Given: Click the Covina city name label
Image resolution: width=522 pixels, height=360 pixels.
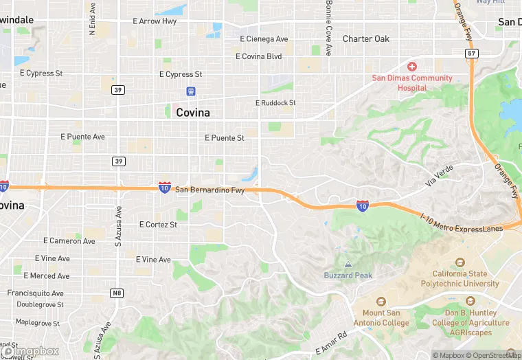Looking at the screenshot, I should [x=193, y=112].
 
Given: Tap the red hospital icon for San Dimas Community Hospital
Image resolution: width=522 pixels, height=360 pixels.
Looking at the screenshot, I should [x=412, y=67].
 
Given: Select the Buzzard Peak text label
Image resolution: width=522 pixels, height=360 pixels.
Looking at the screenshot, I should [x=348, y=275].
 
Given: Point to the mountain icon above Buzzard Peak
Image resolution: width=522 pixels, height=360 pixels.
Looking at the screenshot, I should [x=348, y=264].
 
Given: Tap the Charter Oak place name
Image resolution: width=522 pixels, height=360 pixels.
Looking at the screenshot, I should [x=366, y=39].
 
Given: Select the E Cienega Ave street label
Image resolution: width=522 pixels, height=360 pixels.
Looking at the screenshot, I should [x=264, y=39].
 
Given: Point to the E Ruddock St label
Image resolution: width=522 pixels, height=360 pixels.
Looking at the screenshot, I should [x=275, y=103].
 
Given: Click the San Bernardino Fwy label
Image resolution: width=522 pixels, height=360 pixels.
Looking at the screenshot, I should [x=209, y=190].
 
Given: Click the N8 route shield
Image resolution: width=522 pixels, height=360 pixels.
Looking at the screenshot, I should [x=117, y=293].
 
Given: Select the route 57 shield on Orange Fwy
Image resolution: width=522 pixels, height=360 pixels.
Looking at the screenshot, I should [x=471, y=53].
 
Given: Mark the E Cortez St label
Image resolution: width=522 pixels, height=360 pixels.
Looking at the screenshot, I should [x=158, y=225].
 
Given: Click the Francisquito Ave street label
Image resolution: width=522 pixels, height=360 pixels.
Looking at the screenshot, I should [x=36, y=293].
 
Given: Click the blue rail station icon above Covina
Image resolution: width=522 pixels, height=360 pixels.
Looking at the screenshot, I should [x=192, y=91].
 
